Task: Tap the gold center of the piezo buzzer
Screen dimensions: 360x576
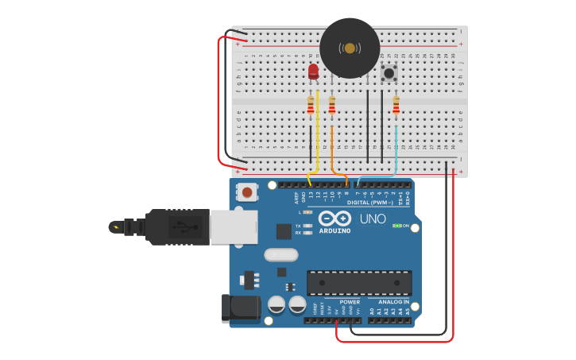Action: [x=350, y=48]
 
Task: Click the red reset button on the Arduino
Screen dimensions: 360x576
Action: [x=248, y=192]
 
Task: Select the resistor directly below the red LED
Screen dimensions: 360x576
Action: [x=311, y=105]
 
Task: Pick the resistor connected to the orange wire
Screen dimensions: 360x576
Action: [x=332, y=105]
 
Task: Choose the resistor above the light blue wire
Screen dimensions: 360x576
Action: [x=396, y=105]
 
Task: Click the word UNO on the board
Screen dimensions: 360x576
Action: [x=373, y=219]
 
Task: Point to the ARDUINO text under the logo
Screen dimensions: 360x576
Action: [x=334, y=230]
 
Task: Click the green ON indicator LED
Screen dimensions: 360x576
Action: [x=396, y=226]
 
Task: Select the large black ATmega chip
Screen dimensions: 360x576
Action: [x=359, y=283]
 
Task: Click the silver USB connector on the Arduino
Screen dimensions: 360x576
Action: [x=234, y=226]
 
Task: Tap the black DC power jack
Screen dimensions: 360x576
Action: [x=242, y=308]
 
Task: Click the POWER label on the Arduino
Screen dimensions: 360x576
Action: [x=350, y=302]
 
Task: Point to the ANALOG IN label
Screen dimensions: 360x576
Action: [x=394, y=302]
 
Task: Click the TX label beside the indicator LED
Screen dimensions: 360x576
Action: [x=298, y=226]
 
